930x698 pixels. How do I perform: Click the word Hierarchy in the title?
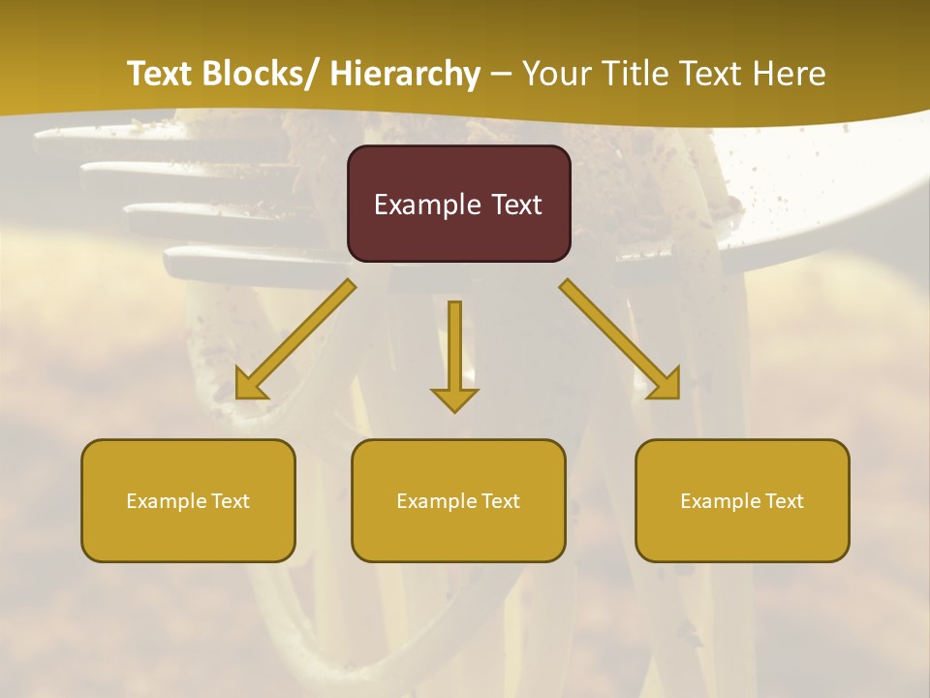(405, 74)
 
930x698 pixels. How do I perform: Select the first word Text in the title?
(161, 74)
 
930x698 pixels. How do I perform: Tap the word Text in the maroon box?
(516, 206)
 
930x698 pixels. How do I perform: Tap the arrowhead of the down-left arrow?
(249, 386)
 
